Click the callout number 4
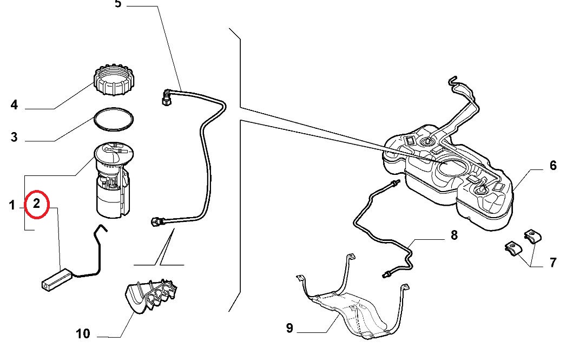pos(14,105)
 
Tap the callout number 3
pos(14,137)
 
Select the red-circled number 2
pos(36,203)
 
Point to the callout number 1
pos(12,205)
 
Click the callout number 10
pos(83,333)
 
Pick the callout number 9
pos(289,328)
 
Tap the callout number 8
pos(454,235)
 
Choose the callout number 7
pos(553,263)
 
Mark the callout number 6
pos(553,166)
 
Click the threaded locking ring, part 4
pos(114,81)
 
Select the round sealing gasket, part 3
pos(114,119)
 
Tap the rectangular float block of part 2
pos(57,280)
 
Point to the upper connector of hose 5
pos(167,97)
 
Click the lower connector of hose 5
pos(156,221)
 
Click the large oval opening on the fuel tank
pos(452,167)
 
